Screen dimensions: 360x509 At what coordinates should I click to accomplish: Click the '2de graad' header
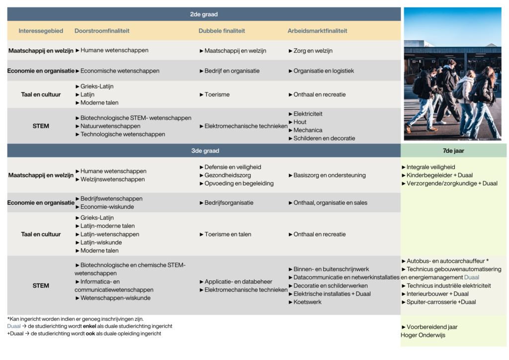pos(204,14)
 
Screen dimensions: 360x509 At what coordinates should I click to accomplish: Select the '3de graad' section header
pos(204,151)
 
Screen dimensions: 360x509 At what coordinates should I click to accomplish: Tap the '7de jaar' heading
pos(453,151)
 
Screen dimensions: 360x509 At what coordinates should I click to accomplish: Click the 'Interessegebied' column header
pos(41,31)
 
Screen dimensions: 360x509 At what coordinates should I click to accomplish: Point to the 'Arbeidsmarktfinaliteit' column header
pos(317,31)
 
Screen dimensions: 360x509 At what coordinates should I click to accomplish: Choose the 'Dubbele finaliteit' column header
pos(222,31)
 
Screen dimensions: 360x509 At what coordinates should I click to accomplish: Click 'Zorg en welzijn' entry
pos(313,51)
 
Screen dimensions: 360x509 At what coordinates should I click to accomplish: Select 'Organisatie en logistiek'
pos(324,71)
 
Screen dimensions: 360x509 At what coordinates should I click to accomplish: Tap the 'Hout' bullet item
pos(300,122)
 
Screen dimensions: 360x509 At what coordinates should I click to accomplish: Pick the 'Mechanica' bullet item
pos(308,130)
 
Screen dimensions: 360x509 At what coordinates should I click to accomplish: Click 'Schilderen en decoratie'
pos(324,138)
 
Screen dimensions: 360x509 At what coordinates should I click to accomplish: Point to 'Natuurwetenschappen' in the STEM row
pos(110,126)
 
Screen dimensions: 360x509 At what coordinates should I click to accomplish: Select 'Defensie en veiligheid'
pos(233,167)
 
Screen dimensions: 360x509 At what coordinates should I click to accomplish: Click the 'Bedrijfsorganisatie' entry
pos(229,203)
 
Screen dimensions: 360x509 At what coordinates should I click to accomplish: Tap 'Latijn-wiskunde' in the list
pos(101,243)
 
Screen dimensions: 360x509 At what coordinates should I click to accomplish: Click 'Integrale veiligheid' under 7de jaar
pos(430,167)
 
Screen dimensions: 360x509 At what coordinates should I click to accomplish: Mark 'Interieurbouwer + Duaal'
pos(437,294)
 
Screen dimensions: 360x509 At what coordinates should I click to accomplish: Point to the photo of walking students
pos(452,75)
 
